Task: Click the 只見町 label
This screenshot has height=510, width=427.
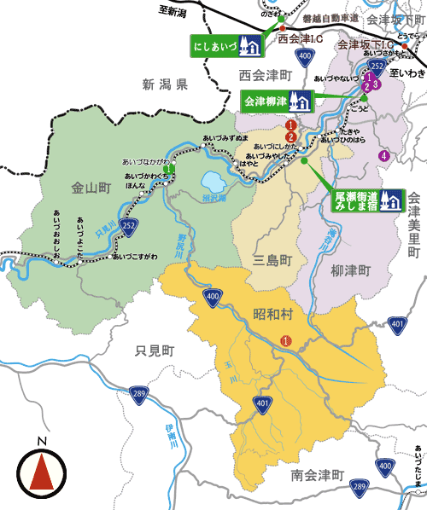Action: [x=155, y=351]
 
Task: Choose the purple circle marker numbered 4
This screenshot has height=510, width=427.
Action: [x=384, y=155]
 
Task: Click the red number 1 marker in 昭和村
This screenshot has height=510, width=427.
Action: [x=285, y=341]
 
